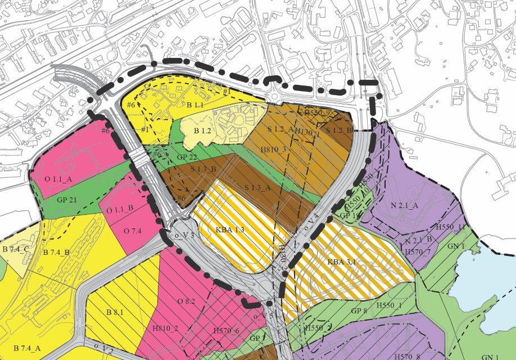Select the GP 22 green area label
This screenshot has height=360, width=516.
click(187, 157)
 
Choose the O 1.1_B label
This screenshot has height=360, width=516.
click(120, 210)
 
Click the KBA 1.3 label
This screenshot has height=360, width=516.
click(230, 230)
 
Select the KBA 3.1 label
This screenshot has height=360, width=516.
click(342, 262)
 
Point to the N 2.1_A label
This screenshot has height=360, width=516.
click(404, 206)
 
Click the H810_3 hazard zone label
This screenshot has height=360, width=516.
click(274, 150)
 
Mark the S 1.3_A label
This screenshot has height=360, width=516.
click(258, 187)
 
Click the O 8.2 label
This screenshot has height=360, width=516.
click(186, 301)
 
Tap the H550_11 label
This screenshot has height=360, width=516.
click(450, 227)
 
